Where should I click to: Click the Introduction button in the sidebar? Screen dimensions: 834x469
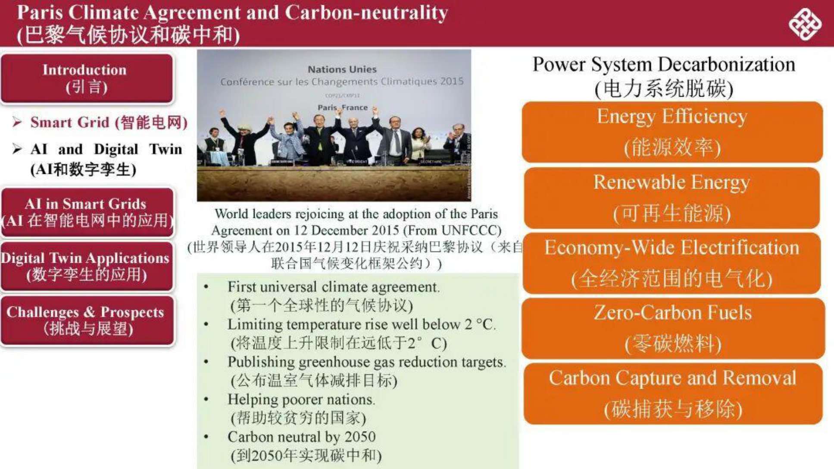(x=87, y=78)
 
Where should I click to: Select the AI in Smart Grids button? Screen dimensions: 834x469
(x=87, y=212)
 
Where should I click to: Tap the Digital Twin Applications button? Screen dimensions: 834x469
(x=87, y=266)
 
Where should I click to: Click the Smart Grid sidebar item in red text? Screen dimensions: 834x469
(x=109, y=123)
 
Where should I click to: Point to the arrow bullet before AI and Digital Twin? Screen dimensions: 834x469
(x=17, y=149)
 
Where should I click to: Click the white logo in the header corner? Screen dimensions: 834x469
(x=805, y=24)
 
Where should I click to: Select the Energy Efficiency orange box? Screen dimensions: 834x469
(x=672, y=132)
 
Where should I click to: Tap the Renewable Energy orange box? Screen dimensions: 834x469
(x=672, y=198)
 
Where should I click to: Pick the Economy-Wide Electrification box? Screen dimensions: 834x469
(x=672, y=263)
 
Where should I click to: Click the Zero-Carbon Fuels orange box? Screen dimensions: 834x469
(x=673, y=328)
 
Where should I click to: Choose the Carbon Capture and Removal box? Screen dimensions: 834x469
(x=673, y=393)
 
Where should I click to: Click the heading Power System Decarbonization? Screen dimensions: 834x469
(x=664, y=65)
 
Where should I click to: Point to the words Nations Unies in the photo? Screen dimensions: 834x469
(x=342, y=69)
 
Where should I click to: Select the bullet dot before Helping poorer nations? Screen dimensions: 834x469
(x=206, y=399)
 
